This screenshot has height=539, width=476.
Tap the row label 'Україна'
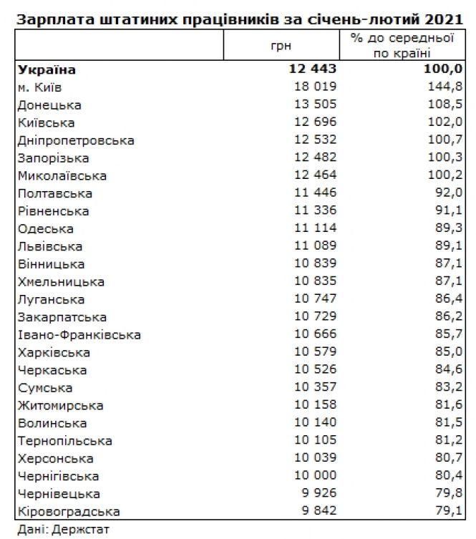click(46, 70)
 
